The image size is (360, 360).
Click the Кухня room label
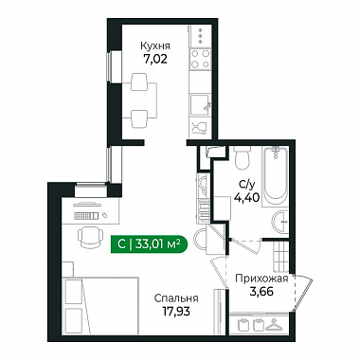coord(155,46)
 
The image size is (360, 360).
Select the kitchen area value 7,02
coord(155,59)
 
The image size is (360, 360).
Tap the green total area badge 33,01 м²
coord(150,244)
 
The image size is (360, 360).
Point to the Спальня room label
coord(176,298)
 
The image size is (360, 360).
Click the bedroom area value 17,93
coord(176,312)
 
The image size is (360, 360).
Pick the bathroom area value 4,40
coord(247,198)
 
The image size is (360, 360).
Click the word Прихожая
coord(261,279)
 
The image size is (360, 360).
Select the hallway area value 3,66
coord(261,292)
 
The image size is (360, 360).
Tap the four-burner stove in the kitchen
coord(201,59)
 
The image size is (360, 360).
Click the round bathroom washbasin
coord(280,222)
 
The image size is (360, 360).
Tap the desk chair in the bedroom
coord(91,237)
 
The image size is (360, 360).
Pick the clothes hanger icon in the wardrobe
coord(274,324)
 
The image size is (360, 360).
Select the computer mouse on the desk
coord(105,215)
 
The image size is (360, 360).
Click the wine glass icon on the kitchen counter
coord(197,128)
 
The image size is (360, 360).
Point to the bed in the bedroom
coord(100,306)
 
